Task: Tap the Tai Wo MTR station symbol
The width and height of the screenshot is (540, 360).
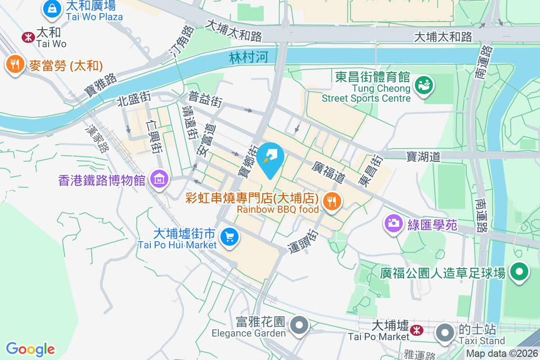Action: (x=28, y=37)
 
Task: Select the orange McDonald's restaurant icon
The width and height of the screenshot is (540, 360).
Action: (x=15, y=64)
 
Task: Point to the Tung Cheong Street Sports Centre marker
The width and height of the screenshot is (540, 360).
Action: (x=423, y=85)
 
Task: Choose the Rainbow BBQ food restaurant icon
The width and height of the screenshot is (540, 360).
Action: (x=332, y=201)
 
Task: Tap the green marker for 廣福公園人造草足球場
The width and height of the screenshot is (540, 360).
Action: (x=519, y=272)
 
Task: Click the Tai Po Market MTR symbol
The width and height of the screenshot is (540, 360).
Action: (x=417, y=330)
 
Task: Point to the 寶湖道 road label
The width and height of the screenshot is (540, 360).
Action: (x=423, y=156)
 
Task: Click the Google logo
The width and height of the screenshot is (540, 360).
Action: (x=30, y=349)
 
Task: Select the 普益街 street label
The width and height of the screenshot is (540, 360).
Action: (x=205, y=99)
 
